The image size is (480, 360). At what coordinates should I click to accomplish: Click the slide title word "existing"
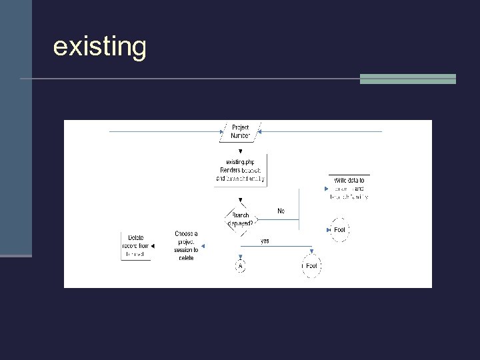coord(99,47)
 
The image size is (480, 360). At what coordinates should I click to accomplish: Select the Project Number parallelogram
coord(240,131)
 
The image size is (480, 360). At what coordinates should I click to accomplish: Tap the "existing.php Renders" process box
coord(241,170)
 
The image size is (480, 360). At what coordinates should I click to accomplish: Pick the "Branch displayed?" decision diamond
coord(240,219)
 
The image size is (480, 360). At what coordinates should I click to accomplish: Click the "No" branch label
coord(281,211)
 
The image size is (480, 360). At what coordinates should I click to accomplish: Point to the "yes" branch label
coord(265,241)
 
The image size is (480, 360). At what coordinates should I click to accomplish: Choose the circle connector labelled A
coord(240,266)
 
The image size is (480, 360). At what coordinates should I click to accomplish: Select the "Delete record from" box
coord(135,246)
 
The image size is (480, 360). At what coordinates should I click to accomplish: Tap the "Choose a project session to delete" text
coord(186,245)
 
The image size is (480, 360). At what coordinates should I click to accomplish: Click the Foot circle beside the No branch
coord(339,230)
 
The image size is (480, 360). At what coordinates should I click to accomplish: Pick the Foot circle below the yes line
coord(311,266)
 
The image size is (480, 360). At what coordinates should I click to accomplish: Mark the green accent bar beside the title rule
coord(407,79)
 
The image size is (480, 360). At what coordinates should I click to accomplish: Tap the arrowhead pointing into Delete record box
coord(153,247)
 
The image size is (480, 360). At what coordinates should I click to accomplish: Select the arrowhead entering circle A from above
coord(240,256)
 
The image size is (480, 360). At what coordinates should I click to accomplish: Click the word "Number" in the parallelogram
coord(240,136)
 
